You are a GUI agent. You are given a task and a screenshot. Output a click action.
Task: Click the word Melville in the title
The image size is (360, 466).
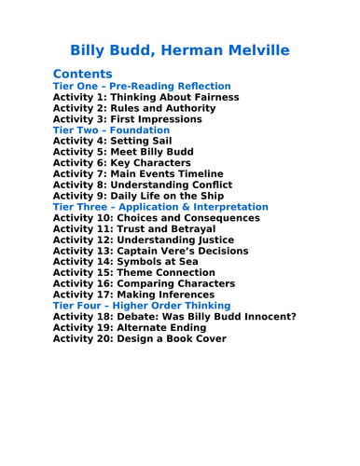pos(248,48)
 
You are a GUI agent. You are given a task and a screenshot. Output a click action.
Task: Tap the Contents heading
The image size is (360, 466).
pos(83,73)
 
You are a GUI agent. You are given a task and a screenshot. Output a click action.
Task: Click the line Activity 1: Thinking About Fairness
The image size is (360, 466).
pos(145,97)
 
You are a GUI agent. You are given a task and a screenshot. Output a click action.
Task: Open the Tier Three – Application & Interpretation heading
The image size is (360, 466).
pos(160,206)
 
